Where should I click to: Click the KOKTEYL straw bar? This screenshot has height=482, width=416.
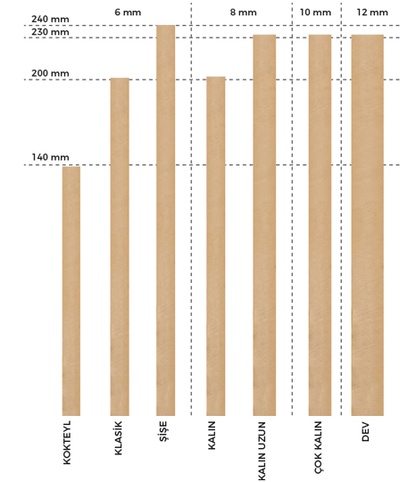point(71,291)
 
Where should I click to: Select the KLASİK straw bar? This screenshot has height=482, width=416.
point(120,247)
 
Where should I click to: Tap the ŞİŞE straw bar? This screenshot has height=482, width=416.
point(165,220)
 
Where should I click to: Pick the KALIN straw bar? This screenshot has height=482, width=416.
point(215,246)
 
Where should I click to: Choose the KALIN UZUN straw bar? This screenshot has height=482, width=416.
point(264,225)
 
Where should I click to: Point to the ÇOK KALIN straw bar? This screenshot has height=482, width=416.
point(320,225)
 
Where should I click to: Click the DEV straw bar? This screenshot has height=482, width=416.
point(368,225)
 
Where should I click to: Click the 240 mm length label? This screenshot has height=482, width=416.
point(50,19)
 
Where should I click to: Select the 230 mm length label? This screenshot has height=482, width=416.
point(50,32)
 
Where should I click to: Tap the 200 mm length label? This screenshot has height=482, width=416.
point(50,73)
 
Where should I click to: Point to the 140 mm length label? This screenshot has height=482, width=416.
point(50,157)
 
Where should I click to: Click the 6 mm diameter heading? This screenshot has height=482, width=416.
point(128,12)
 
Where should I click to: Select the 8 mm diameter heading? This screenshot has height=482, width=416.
point(243,12)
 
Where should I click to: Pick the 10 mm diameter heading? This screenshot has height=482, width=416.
point(315,12)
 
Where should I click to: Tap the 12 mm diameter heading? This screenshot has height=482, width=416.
point(372,12)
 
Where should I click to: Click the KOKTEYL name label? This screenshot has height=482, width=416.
point(67,443)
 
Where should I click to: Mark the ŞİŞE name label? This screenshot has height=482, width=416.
point(163,431)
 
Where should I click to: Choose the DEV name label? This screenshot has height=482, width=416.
point(365,432)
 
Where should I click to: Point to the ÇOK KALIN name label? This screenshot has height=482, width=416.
point(318,447)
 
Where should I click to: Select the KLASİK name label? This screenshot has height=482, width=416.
point(119,438)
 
